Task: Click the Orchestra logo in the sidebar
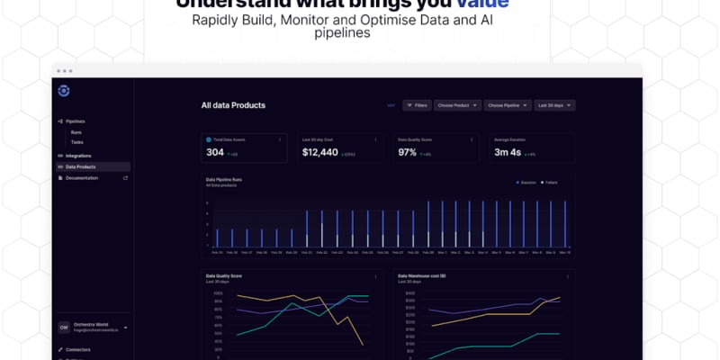coord(63,90)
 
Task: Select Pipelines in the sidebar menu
coord(75,121)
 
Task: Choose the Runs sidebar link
coord(76,132)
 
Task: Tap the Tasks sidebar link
coord(77,142)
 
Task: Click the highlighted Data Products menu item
coord(81,166)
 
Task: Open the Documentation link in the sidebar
coord(82,177)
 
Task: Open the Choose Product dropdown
coord(455,105)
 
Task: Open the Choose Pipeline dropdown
coord(506,105)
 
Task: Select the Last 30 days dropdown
coord(554,105)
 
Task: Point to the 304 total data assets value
coord(215,152)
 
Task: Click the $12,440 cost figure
coord(320,152)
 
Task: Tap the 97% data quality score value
coord(408,152)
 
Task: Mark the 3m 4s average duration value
coord(508,152)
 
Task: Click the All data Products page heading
coord(233,105)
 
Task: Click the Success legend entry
coord(526,182)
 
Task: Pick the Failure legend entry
coord(549,182)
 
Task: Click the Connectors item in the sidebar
coord(78,348)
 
